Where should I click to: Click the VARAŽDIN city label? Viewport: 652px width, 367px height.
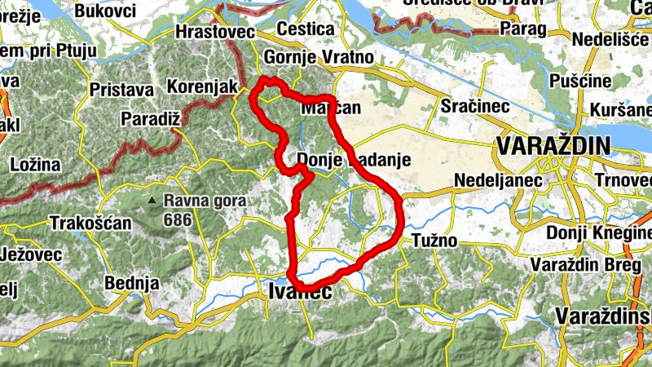(x=552, y=147)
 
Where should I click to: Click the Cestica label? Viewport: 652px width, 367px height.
(x=306, y=29)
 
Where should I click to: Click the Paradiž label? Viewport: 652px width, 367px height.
(x=150, y=119)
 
